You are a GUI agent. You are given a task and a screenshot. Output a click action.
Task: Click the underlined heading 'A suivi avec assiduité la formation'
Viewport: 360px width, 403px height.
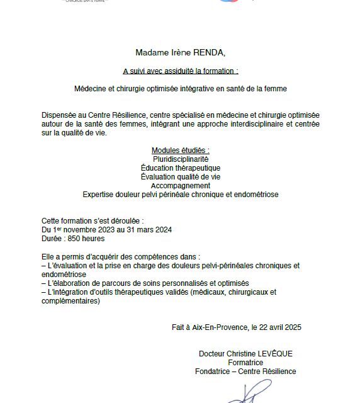pyautogui.click(x=180, y=71)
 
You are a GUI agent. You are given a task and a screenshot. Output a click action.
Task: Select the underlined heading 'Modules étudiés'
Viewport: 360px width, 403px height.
pyautogui.click(x=180, y=150)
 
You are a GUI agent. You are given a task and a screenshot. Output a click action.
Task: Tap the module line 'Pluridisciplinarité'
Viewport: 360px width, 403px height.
pyautogui.click(x=180, y=159)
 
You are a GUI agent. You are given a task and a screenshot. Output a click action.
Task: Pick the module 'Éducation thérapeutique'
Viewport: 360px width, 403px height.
pyautogui.click(x=180, y=168)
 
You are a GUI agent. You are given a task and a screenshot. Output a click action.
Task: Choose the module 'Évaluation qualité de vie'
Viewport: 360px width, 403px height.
pyautogui.click(x=180, y=177)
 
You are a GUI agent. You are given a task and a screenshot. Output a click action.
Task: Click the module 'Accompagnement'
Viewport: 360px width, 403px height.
pyautogui.click(x=180, y=186)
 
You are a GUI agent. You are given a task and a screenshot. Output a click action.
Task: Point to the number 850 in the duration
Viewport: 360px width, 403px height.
pyautogui.click(x=78, y=239)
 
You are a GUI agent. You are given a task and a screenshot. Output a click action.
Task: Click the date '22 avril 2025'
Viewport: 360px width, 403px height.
pyautogui.click(x=279, y=327)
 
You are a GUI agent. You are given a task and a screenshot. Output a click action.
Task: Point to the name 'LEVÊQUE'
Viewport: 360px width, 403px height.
pyautogui.click(x=273, y=354)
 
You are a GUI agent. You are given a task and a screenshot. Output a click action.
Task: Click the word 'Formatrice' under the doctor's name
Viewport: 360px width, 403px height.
pyautogui.click(x=245, y=363)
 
